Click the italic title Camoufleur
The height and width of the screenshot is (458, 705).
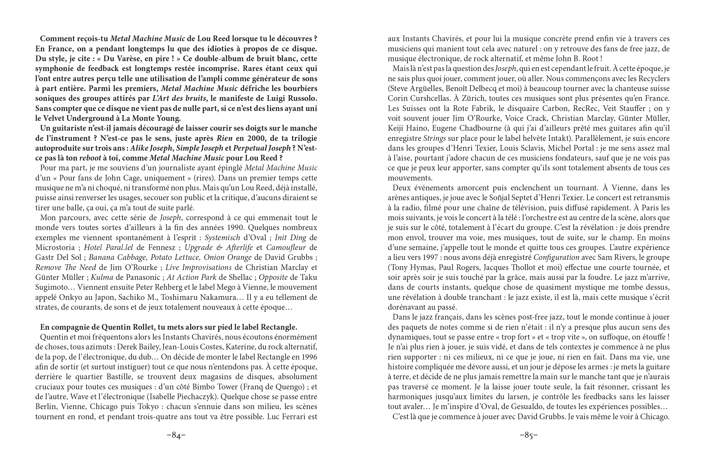point(286,248)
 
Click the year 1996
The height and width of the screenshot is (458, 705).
point(308,357)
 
